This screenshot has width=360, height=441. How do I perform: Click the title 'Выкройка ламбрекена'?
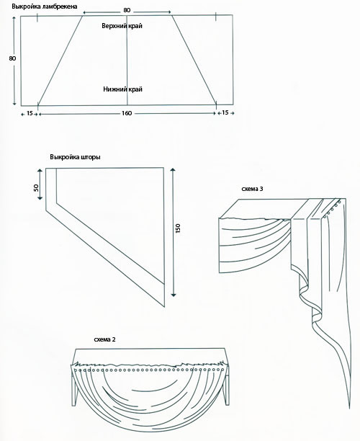44,6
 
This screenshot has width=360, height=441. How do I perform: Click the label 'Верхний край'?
122,26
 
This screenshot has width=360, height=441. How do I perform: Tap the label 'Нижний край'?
123,89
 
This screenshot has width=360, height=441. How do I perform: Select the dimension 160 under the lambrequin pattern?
127,113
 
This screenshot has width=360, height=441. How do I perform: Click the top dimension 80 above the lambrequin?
127,10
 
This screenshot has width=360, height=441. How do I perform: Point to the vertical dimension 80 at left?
12,58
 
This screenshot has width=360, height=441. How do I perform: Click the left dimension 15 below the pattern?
30,113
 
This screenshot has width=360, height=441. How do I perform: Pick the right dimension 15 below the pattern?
225,112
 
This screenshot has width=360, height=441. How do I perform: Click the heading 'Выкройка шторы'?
75,157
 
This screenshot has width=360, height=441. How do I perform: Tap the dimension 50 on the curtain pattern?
36,187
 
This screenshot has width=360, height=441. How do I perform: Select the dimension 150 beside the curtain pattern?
178,228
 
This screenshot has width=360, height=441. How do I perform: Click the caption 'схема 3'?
253,189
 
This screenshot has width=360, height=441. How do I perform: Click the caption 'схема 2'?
104,339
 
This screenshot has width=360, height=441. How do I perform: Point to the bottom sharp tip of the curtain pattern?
164,306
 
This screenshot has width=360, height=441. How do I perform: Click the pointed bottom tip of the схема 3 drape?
349,408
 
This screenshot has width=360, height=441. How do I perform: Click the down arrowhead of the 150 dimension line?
174,295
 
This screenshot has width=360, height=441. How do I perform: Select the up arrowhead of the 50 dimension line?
40,171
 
